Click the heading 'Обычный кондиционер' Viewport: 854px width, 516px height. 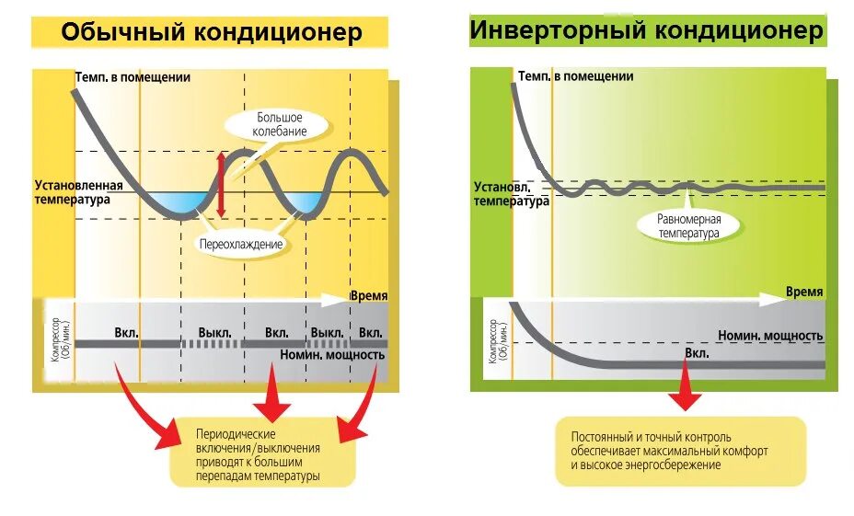click(211, 32)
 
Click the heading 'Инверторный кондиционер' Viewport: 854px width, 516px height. click(646, 30)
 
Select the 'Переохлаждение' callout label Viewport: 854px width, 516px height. click(240, 245)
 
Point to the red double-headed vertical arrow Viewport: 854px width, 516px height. click(221, 185)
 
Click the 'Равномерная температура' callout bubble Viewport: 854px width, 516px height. click(688, 226)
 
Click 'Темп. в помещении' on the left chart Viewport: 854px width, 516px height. click(133, 77)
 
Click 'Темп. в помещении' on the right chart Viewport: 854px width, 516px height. click(575, 76)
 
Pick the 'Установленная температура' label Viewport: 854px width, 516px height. click(73, 191)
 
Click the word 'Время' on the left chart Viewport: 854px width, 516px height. click(368, 296)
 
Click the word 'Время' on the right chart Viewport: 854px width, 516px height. click(803, 292)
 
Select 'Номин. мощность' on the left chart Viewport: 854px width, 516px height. click(330, 353)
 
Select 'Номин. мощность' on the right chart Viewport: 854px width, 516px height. click(770, 336)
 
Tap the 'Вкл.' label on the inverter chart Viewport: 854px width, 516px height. click(697, 354)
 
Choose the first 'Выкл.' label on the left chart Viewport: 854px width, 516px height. click(214, 332)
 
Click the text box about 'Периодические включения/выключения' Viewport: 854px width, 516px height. click(262, 454)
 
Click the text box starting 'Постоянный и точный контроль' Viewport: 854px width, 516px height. click(680, 451)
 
